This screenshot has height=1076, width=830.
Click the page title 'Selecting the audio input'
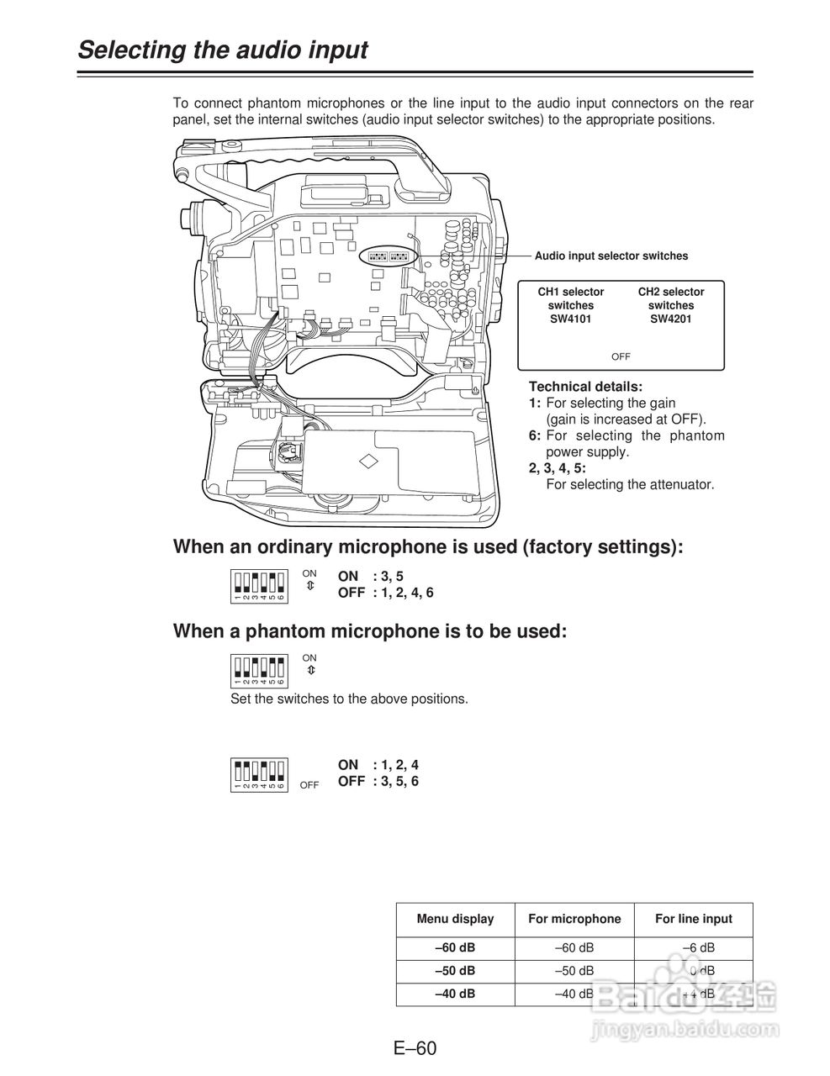[223, 50]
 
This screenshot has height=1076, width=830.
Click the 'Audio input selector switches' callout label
[611, 256]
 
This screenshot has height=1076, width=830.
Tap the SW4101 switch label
[571, 319]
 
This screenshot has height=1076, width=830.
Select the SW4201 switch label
[671, 319]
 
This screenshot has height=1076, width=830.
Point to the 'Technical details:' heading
[585, 387]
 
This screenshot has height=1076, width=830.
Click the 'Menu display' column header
[455, 919]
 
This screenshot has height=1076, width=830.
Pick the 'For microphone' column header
[574, 919]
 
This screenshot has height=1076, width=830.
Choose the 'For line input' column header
[694, 919]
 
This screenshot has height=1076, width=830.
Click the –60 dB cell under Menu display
[455, 947]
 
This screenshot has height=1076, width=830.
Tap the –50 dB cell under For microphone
[574, 970]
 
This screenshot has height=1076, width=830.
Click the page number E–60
[415, 1048]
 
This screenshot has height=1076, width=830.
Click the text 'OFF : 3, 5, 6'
[378, 781]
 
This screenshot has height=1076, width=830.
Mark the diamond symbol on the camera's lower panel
[367, 461]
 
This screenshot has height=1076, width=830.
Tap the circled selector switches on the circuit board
[387, 256]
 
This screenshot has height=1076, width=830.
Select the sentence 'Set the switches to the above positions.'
[349, 699]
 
